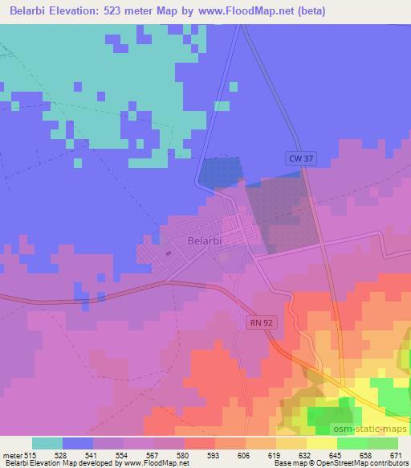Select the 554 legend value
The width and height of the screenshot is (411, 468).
(x=121, y=455)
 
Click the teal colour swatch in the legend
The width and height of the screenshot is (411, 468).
(x=47, y=443)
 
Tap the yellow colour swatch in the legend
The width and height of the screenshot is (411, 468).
(x=322, y=443)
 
